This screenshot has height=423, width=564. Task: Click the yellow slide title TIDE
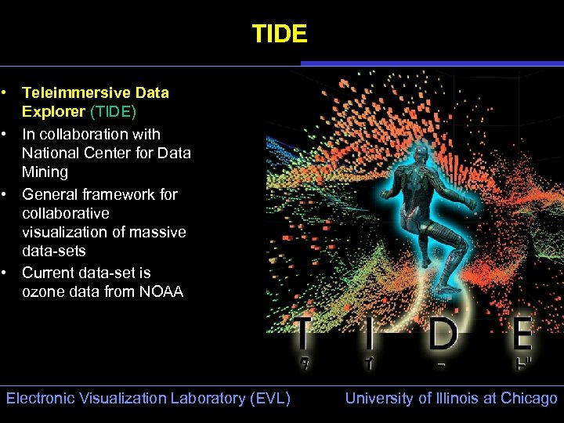280,34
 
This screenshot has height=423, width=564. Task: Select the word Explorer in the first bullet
53,111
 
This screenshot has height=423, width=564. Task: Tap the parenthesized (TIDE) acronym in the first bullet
114,111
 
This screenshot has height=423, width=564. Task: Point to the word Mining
45,172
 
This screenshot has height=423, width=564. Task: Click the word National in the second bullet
50,153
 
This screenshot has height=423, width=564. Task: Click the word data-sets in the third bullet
54,251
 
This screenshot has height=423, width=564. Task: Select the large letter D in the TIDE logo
443,334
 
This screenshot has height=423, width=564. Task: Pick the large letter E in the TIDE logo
520,334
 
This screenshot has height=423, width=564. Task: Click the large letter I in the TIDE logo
368,334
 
